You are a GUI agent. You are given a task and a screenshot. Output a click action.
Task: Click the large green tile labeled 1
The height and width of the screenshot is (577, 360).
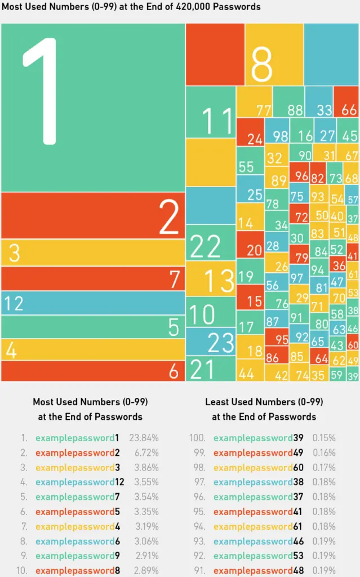coord(92,107)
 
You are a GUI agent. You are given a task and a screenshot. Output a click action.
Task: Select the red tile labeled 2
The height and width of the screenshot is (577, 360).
coord(92,215)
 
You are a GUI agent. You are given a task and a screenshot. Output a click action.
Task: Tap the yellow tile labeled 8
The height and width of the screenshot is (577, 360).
coord(274,55)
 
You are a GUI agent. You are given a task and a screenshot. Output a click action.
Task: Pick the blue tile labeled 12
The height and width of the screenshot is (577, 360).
coord(92,303)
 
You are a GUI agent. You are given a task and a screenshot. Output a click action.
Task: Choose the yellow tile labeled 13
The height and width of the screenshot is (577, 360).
coord(211,279)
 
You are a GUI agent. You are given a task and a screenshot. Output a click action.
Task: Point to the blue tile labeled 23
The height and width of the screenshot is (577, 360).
coord(211,341)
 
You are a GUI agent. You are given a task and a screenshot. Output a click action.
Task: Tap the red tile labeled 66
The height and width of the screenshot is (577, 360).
coord(346,102)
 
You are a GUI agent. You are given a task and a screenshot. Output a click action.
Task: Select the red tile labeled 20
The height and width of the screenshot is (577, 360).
coord(250,245)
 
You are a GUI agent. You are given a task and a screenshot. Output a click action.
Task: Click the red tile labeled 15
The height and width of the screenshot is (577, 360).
coord(250,297)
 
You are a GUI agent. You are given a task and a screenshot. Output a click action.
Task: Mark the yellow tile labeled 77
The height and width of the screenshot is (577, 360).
coord(254,102)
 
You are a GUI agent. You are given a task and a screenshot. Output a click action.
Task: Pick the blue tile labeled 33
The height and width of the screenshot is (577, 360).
coord(319,102)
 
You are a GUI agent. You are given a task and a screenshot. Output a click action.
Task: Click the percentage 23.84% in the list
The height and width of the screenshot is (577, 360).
coord(145,438)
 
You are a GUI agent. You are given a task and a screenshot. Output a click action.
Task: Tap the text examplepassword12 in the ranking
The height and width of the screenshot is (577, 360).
coord(80,482)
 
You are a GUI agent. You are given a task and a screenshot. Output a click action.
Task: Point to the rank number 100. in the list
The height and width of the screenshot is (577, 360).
coord(198,438)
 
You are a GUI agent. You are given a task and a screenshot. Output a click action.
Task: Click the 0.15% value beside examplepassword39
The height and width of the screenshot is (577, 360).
coord(324,438)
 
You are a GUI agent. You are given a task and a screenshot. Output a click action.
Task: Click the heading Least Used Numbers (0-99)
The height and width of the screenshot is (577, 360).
coord(264,402)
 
